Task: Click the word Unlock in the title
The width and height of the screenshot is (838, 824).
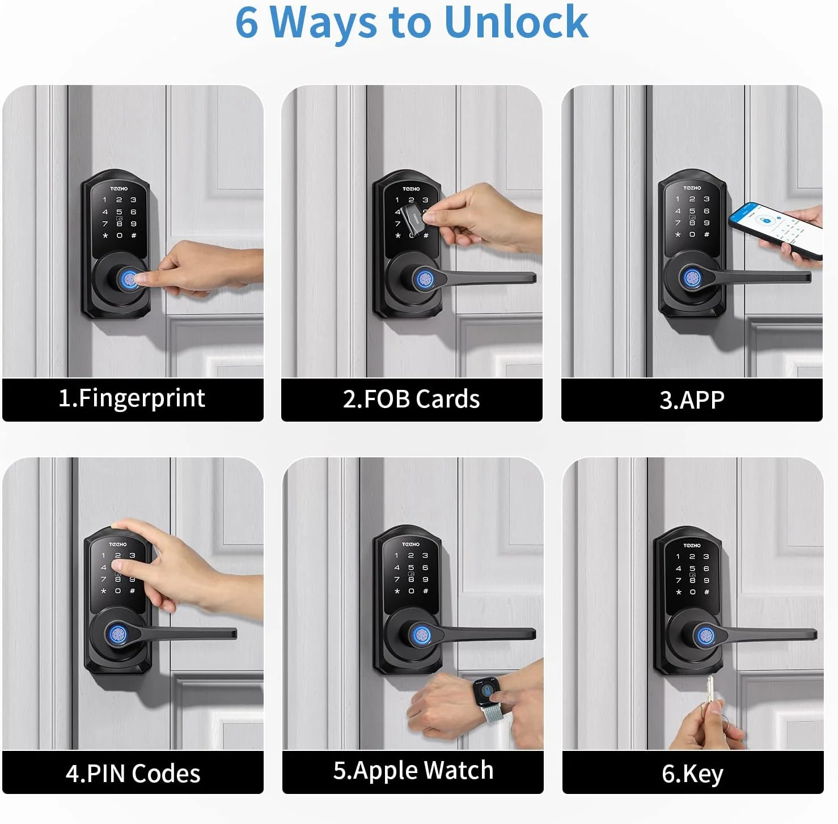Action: tap(517, 22)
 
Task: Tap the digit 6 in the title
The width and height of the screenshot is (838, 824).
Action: tap(247, 23)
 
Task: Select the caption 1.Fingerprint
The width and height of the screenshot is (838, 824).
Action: tap(132, 398)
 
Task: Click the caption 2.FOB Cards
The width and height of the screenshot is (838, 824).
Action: tap(412, 399)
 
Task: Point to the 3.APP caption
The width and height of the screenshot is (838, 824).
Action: tap(692, 400)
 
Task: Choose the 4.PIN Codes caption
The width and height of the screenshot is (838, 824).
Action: tap(133, 773)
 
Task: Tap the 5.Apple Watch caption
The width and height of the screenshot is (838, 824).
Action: tap(413, 770)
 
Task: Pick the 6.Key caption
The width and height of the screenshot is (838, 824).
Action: tap(692, 774)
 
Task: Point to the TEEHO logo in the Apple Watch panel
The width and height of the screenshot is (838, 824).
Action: tap(411, 544)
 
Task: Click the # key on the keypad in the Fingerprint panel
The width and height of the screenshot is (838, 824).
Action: tap(134, 235)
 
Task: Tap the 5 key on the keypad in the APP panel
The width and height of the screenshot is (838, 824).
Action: tap(692, 211)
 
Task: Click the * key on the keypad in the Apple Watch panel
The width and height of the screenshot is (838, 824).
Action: tap(397, 591)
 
